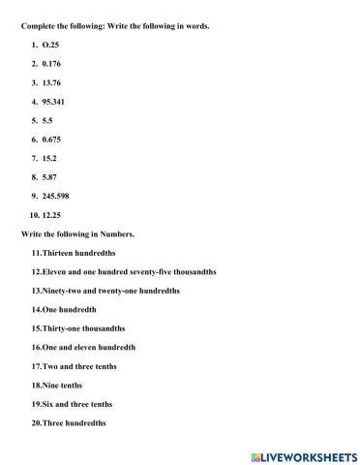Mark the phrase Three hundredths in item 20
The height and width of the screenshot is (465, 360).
[x=74, y=422]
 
